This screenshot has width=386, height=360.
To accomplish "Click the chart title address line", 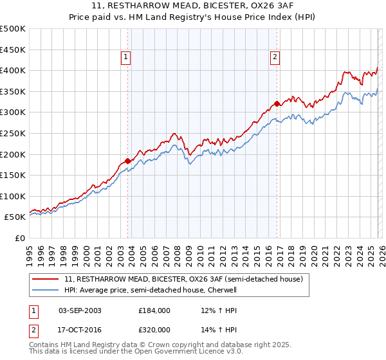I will click(193, 6).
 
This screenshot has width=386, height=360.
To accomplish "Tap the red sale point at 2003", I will click(127, 161).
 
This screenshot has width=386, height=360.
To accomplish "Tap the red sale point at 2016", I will click(277, 104).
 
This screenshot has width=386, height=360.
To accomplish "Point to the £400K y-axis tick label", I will click(13, 70).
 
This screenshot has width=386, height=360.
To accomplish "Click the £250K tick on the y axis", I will click(13, 133).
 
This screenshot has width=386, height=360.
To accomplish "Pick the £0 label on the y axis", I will click(19, 239).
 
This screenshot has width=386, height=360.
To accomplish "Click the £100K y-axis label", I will click(13, 196).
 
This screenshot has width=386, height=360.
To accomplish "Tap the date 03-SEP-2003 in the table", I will click(80, 310).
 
